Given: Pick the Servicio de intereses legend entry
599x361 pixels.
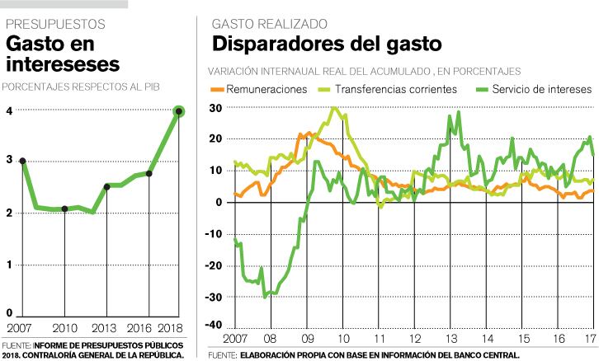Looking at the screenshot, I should [x=540, y=89].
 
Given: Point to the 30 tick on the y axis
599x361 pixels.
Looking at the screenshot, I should [x=216, y=108].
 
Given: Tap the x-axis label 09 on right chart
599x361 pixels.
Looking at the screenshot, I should [x=307, y=339].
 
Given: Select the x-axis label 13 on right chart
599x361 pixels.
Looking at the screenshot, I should [x=452, y=339].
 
